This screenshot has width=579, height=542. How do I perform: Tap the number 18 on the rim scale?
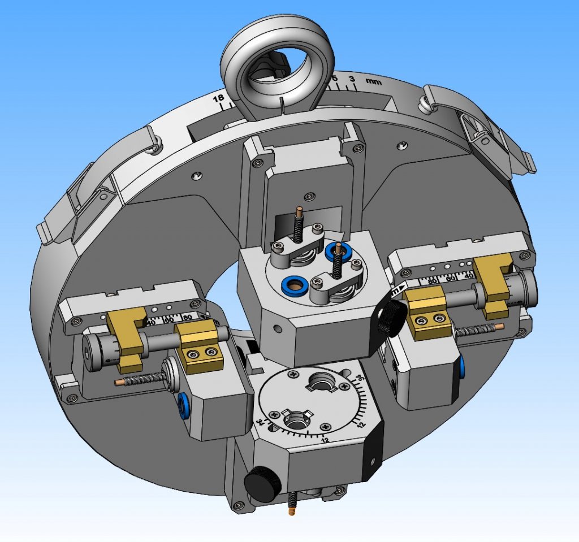tap(218, 99)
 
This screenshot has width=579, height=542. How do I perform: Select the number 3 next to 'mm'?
tap(352, 79)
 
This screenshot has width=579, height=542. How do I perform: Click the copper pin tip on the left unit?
tap(120, 382)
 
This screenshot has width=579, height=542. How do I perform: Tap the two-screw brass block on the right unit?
tap(428, 321)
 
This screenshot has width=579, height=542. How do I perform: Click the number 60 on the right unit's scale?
tap(451, 278)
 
